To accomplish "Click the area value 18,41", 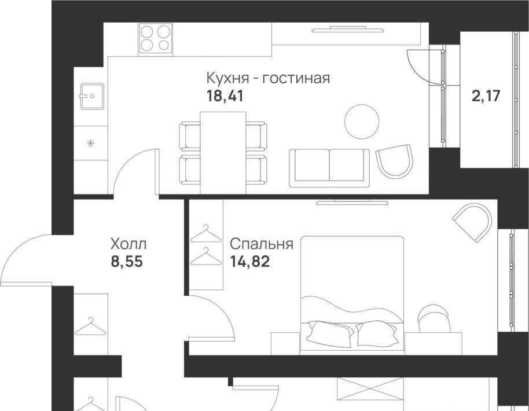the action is pos(225,97).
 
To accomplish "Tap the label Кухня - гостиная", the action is pos(268,78).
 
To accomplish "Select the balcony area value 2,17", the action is pos(486,96).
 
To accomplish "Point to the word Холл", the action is pos(128,244).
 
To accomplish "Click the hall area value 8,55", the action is pos(127,262).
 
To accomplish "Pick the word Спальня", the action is pos(262,244).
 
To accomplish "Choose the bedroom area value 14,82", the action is pos(250,262).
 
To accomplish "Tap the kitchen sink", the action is pos(92,96).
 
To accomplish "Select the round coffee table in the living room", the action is pos(362,122).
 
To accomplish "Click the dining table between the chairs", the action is pos(223,153).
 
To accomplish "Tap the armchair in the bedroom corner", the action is pos(472,222).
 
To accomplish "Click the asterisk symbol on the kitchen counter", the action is pos(90,144).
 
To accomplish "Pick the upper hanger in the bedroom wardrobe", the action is pos(206,233).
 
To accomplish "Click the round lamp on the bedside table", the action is pos(434,318).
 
